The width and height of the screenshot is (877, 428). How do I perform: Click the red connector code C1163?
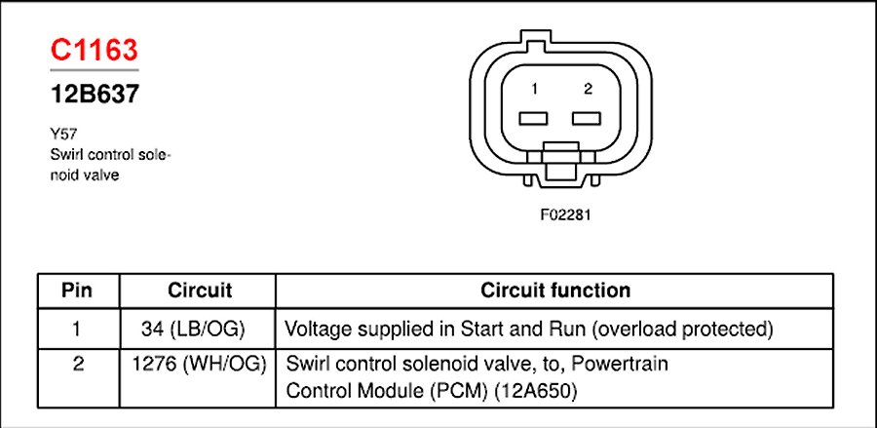pos(94,51)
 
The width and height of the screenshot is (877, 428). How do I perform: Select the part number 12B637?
pos(94,96)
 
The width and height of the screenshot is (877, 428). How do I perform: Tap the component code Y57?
pos(62,137)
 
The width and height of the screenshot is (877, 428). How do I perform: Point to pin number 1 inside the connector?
pos(535,90)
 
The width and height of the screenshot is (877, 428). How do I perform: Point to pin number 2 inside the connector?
pos(588,90)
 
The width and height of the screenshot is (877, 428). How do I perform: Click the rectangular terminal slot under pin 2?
pos(588,119)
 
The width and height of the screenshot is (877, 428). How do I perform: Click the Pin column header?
pos(77,291)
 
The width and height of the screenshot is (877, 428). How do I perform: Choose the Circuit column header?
pos(199,291)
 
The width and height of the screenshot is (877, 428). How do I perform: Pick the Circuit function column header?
pos(554,291)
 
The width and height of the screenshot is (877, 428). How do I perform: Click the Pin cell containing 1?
pos(77,328)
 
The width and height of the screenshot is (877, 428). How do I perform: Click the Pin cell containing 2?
pos(77,365)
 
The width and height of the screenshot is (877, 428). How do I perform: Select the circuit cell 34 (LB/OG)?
pos(199,328)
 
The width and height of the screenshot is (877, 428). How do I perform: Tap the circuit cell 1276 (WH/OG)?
pos(199,365)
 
